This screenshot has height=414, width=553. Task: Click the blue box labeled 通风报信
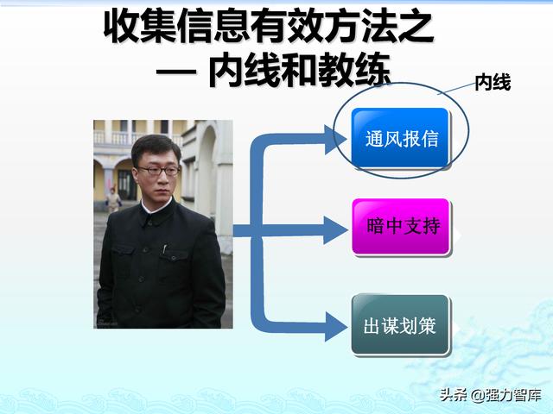coord(400,138)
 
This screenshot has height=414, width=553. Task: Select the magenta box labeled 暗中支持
coord(401,226)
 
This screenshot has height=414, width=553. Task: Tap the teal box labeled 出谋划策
coord(400,324)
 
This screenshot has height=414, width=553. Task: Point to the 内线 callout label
coord(493,83)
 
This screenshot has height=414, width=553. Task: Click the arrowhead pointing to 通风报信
coord(335,140)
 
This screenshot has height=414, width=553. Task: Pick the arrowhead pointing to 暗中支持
coord(335,231)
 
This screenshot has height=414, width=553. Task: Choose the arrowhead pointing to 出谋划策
coord(335,326)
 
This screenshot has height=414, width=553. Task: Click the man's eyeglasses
coord(159,171)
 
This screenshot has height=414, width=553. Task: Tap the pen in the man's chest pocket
coord(164,249)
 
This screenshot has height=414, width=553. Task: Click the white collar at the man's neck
coord(156,207)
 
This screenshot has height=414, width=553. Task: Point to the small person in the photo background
coord(113,199)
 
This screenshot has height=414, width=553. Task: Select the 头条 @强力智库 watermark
coord(490,395)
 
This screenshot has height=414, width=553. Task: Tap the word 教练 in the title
coord(355,70)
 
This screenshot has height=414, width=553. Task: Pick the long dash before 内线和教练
coord(175,72)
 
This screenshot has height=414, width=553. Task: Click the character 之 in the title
coord(415,27)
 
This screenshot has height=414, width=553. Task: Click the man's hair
coord(156,147)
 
